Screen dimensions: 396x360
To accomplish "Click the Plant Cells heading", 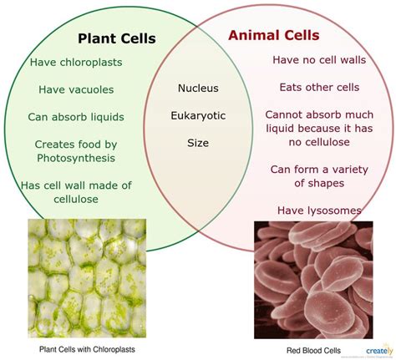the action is [x=117, y=38].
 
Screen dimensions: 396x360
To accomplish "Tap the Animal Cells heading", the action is [x=274, y=35].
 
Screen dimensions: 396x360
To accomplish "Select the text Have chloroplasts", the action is [x=76, y=63].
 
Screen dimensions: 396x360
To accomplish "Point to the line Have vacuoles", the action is [x=76, y=89].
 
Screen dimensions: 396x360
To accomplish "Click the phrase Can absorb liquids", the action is [x=76, y=117].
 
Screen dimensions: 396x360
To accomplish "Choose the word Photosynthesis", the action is [x=76, y=158].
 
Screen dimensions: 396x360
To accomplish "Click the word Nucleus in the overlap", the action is [x=198, y=89].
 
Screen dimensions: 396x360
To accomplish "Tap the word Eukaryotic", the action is [x=198, y=116].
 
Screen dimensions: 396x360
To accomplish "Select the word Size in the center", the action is [x=198, y=143].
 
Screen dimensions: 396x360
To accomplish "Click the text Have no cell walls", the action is [x=319, y=60].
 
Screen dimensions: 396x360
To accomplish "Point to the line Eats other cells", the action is [x=319, y=87].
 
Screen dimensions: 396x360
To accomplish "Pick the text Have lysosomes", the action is [x=319, y=210].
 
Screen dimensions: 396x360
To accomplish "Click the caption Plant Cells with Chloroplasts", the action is [x=87, y=349].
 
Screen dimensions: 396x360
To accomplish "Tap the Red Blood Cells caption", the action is [x=313, y=350].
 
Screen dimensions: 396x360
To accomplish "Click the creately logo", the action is [x=379, y=350].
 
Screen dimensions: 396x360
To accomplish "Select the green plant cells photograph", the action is [x=87, y=278].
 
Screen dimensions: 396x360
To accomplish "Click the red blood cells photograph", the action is [x=313, y=280].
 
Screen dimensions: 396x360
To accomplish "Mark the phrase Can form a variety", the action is [x=319, y=170].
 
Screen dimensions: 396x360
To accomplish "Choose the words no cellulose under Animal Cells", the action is [x=319, y=142].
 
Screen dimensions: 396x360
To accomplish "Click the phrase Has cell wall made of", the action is [x=76, y=185].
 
